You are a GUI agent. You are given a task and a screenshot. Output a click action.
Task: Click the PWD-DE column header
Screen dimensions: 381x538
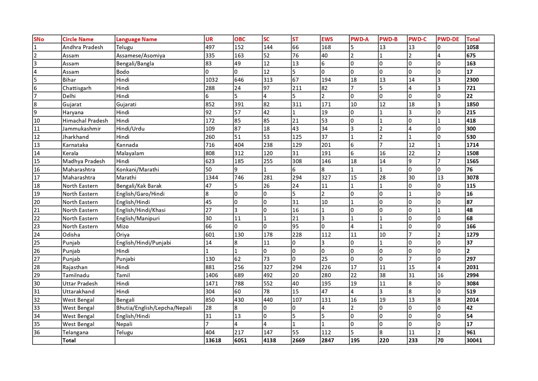pyautogui.click(x=448, y=39)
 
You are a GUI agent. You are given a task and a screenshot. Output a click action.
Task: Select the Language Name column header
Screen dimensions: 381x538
pyautogui.click(x=137, y=39)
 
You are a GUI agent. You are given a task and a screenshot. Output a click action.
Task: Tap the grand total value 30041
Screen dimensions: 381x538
pyautogui.click(x=474, y=340)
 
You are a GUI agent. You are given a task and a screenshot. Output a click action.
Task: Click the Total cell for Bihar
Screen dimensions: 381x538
pyautogui.click(x=472, y=80)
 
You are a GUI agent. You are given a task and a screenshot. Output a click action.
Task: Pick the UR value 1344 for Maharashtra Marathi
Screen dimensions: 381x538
pyautogui.click(x=212, y=178)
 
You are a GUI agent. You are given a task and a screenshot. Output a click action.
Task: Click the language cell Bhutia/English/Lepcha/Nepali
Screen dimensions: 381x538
pyautogui.click(x=154, y=308)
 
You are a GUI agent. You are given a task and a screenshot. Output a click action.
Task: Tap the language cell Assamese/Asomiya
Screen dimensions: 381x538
pyautogui.click(x=141, y=56)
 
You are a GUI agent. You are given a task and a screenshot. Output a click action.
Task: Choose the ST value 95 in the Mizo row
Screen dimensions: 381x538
pyautogui.click(x=296, y=226)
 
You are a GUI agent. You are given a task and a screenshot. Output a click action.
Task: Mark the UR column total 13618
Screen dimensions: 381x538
pyautogui.click(x=213, y=340)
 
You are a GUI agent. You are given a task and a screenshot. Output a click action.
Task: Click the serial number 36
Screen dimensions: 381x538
pyautogui.click(x=37, y=332)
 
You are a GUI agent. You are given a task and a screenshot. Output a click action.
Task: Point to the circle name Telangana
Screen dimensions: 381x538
pyautogui.click(x=75, y=332)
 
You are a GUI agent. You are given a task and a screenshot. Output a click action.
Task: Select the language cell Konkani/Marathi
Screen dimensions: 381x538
pyautogui.click(x=138, y=169)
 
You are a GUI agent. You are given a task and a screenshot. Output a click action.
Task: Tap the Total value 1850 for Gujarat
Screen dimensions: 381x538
pyautogui.click(x=472, y=104)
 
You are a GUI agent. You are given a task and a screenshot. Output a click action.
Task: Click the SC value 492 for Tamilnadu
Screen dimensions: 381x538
pyautogui.click(x=268, y=275)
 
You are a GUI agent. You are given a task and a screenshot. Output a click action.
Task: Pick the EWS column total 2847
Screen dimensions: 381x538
pyautogui.click(x=328, y=340)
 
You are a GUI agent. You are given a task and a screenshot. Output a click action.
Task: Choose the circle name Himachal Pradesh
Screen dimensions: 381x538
pyautogui.click(x=85, y=121)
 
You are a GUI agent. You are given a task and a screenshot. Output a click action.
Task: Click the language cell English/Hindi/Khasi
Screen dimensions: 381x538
pyautogui.click(x=141, y=210)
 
